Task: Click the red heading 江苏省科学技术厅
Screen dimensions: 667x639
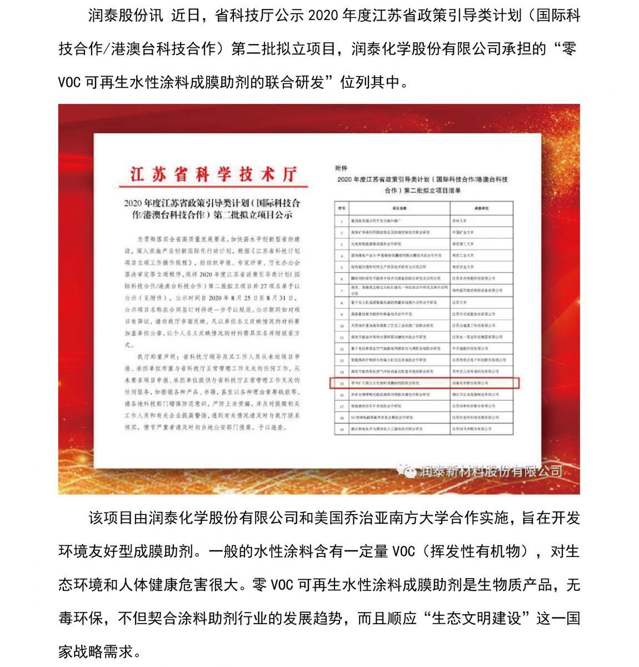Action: (x=213, y=174)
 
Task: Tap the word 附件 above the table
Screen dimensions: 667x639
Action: (x=341, y=168)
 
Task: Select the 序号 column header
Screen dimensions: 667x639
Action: (x=342, y=208)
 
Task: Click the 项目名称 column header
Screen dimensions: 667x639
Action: (x=400, y=208)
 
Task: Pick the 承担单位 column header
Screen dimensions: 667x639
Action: (x=481, y=208)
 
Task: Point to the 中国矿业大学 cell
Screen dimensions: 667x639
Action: (x=463, y=232)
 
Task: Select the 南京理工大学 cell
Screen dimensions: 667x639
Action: (x=463, y=243)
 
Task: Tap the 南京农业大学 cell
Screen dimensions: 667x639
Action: (x=463, y=267)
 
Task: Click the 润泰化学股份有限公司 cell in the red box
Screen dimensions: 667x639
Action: (x=470, y=383)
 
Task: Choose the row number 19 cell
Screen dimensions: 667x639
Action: (x=342, y=429)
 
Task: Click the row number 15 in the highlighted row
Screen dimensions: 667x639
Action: (x=342, y=383)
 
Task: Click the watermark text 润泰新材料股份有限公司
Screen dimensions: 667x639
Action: (x=491, y=471)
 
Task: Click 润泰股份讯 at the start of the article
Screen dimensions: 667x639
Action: (x=126, y=15)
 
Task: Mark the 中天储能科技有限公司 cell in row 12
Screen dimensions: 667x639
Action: (x=470, y=349)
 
